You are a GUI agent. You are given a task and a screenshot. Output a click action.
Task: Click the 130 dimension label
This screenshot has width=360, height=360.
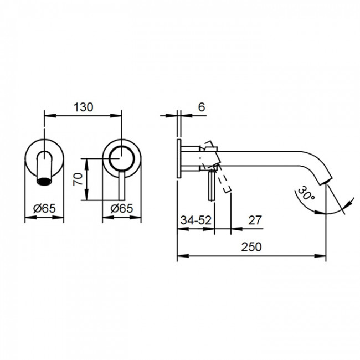[x=83, y=107]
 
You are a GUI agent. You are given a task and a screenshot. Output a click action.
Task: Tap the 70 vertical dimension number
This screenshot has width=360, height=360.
[x=78, y=179]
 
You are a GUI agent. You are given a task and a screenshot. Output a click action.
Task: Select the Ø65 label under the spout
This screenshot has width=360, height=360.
[x=44, y=208]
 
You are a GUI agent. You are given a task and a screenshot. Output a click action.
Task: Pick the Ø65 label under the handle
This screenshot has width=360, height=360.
[x=122, y=208]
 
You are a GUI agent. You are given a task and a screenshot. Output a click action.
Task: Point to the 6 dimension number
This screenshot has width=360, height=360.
[x=202, y=107]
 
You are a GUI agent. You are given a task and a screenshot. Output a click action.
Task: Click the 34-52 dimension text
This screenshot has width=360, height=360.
[x=196, y=220]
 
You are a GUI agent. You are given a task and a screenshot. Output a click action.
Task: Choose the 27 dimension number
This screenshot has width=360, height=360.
[x=255, y=220]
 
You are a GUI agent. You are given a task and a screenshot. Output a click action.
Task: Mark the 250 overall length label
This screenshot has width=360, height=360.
[x=251, y=247]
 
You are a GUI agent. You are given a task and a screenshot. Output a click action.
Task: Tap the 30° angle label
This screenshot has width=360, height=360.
[x=306, y=193]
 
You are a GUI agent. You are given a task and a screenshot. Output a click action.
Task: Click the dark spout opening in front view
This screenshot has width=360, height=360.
[x=44, y=181]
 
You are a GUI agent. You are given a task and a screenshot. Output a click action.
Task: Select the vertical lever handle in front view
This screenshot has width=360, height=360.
[x=122, y=186]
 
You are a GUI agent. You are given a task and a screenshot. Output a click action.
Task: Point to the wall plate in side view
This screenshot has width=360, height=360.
[x=179, y=158]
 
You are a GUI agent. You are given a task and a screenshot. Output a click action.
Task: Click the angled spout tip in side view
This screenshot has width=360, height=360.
[x=326, y=181]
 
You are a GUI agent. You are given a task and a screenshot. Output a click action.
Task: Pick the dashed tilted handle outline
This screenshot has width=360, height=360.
[x=215, y=167]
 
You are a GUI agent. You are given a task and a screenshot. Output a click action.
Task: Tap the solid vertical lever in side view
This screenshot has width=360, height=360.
[x=212, y=186]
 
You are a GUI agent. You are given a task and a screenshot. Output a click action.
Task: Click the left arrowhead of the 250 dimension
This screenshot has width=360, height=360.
[x=183, y=256]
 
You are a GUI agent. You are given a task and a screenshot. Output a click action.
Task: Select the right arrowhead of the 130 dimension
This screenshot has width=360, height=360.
[x=116, y=116]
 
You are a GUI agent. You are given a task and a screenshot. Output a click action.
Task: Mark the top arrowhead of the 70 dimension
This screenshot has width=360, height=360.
[x=86, y=164]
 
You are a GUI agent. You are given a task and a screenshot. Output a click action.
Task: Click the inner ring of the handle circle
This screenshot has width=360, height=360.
[x=122, y=158]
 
